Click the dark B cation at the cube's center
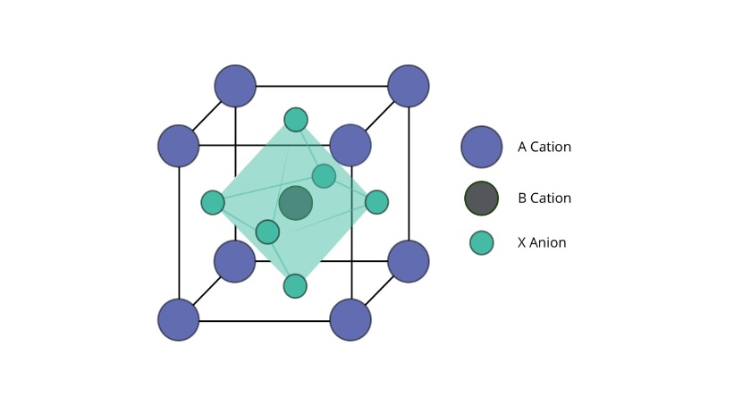click(x=296, y=203)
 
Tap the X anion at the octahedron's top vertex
click(x=296, y=119)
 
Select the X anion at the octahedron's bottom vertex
click(x=295, y=286)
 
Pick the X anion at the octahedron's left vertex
click(x=213, y=202)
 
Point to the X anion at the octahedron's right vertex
click(x=376, y=202)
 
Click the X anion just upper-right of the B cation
click(x=324, y=176)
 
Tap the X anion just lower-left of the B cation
click(x=267, y=232)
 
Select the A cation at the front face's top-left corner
click(x=179, y=146)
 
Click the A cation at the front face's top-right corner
click(x=350, y=145)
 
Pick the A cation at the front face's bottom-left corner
click(x=179, y=320)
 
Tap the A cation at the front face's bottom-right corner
click(x=350, y=320)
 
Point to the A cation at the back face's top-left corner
click(x=235, y=86)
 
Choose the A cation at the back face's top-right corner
click(x=408, y=86)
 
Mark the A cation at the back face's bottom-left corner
click(x=234, y=262)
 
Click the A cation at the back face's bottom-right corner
click(x=408, y=262)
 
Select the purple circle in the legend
click(x=482, y=147)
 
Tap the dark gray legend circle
click(x=481, y=198)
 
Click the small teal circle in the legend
click(x=481, y=242)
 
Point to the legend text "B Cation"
click(x=544, y=198)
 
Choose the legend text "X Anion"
click(x=542, y=242)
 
